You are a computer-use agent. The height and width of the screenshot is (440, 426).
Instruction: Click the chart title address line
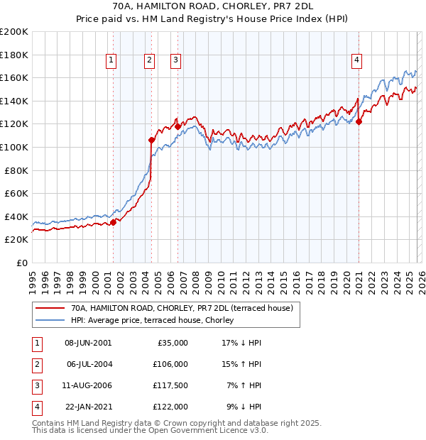(x=212, y=6)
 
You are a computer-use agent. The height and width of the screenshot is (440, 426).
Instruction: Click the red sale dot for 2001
(x=114, y=222)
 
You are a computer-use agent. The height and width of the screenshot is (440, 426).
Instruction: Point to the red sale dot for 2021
(x=359, y=121)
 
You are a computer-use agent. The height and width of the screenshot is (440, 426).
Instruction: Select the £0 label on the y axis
(x=21, y=263)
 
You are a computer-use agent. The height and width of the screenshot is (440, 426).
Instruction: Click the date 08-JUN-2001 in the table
(x=88, y=343)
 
